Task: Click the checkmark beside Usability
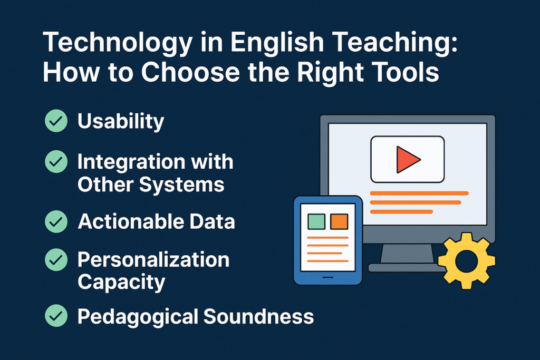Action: tap(56, 121)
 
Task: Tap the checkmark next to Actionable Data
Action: tap(56, 222)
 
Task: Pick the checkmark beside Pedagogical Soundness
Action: tap(56, 316)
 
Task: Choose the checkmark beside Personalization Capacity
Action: tap(56, 259)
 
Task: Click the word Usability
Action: tap(121, 122)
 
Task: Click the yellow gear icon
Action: tap(467, 260)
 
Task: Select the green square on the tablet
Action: tap(316, 221)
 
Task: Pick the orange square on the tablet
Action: tap(339, 221)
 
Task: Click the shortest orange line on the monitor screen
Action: tap(401, 211)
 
